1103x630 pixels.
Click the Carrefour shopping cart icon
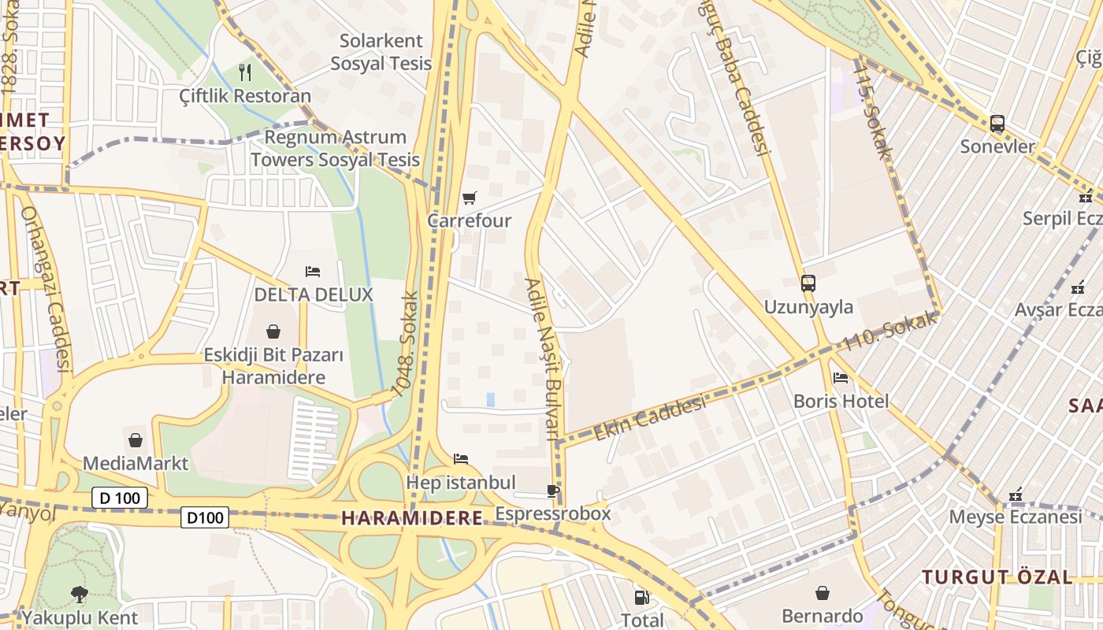click(x=470, y=198)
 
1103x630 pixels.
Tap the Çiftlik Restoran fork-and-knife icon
click(x=245, y=72)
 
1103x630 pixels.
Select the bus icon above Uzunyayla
click(x=808, y=283)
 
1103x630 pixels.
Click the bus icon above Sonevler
click(x=997, y=124)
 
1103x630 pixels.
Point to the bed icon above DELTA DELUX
click(x=313, y=272)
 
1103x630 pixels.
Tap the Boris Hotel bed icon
click(x=840, y=378)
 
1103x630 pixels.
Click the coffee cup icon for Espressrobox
click(x=553, y=491)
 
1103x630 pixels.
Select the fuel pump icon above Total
click(x=642, y=598)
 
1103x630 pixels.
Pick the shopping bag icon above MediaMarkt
click(x=136, y=440)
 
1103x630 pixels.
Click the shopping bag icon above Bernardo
click(x=822, y=592)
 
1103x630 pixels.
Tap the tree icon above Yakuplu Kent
click(x=79, y=594)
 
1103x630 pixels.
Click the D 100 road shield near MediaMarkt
click(x=120, y=498)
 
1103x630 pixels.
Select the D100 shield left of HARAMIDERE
click(x=205, y=517)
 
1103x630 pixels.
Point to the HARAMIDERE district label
click(x=411, y=518)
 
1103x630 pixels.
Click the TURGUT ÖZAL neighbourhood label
click(x=997, y=577)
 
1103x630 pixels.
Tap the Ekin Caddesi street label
click(x=649, y=419)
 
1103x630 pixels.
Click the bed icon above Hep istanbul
click(x=461, y=459)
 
